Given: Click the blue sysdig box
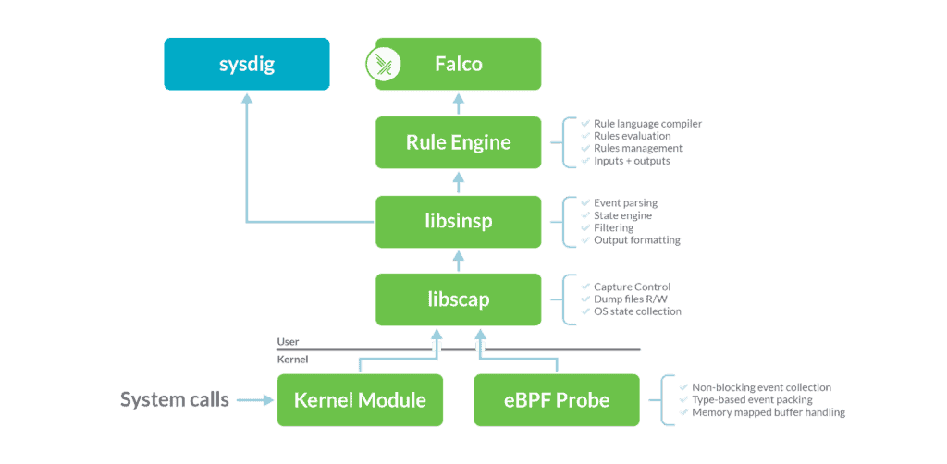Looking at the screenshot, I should [x=247, y=64].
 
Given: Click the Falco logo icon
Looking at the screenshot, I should [x=381, y=64].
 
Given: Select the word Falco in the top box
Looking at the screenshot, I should [x=459, y=65].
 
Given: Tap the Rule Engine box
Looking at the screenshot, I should [x=459, y=142].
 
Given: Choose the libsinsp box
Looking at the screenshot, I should [x=459, y=222].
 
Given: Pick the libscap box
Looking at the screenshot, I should [x=459, y=299].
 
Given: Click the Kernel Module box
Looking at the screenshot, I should [x=360, y=400].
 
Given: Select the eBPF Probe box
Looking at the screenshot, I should [x=555, y=400].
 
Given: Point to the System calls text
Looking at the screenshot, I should [x=175, y=400].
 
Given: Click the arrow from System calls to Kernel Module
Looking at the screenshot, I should [x=255, y=400].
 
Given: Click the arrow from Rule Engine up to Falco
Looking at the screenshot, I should [x=459, y=103].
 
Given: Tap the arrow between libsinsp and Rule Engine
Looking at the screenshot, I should [x=459, y=182].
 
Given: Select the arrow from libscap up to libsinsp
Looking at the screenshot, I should [x=459, y=261].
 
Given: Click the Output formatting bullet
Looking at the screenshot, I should [x=629, y=240].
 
